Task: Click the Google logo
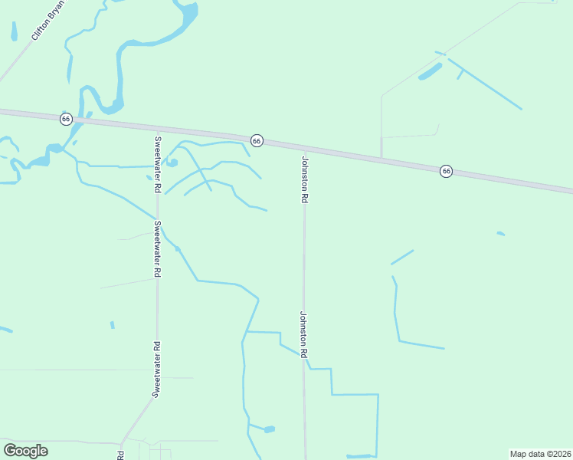pyautogui.click(x=26, y=451)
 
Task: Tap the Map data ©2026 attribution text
pyautogui.click(x=540, y=454)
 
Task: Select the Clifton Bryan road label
pyautogui.click(x=47, y=20)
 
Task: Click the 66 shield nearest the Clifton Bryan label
pyautogui.click(x=67, y=119)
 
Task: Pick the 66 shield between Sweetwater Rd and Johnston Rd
pyautogui.click(x=257, y=140)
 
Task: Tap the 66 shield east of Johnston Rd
pyautogui.click(x=446, y=171)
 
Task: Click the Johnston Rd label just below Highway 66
pyautogui.click(x=304, y=179)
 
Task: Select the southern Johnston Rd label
pyautogui.click(x=303, y=334)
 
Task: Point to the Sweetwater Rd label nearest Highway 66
pyautogui.click(x=157, y=164)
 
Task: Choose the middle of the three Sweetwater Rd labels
pyautogui.click(x=157, y=249)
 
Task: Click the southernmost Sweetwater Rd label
pyautogui.click(x=157, y=370)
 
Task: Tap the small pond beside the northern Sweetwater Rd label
pyautogui.click(x=172, y=163)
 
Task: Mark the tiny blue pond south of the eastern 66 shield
pyautogui.click(x=501, y=233)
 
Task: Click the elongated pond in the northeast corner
pyautogui.click(x=430, y=72)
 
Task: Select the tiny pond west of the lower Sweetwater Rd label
pyautogui.click(x=113, y=325)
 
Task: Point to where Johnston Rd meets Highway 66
pyautogui.click(x=304, y=149)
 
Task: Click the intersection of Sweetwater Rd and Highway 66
pyautogui.click(x=157, y=129)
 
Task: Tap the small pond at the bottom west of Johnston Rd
pyautogui.click(x=269, y=429)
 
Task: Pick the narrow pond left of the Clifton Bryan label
pyautogui.click(x=14, y=31)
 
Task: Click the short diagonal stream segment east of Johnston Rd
pyautogui.click(x=402, y=257)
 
